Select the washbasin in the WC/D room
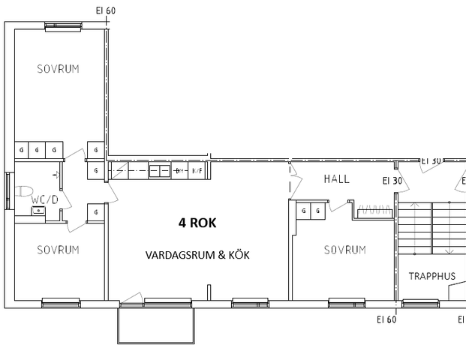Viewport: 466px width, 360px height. click(x=37, y=212)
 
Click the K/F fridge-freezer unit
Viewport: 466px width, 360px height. click(x=198, y=171)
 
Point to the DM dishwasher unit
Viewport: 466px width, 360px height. click(x=180, y=171)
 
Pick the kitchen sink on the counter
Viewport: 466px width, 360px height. click(x=159, y=171)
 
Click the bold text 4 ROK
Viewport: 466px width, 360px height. click(x=197, y=223)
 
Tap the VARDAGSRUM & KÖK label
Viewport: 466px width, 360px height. click(x=197, y=255)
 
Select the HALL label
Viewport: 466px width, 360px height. click(x=337, y=179)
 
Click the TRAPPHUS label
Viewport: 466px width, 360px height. click(x=431, y=276)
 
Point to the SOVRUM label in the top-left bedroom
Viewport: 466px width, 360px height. click(x=58, y=69)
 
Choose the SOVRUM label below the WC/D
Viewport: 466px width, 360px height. click(x=58, y=250)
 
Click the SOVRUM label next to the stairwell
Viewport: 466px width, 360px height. click(x=344, y=250)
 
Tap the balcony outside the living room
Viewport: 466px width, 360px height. click(x=156, y=325)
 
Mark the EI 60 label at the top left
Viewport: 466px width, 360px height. click(x=106, y=10)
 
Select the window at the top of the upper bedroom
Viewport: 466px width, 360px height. click(x=63, y=26)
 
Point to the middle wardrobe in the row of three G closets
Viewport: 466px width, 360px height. click(x=38, y=150)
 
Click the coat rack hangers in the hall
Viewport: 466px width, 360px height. click(x=369, y=211)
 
